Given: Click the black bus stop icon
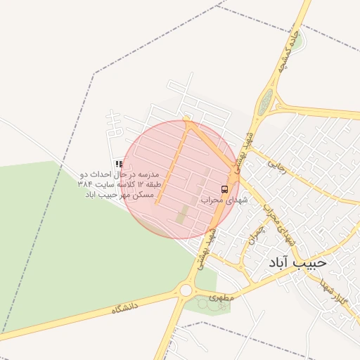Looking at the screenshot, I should tap(224, 189).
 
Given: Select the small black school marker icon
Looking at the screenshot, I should tap(119, 164).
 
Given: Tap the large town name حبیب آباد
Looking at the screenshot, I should tap(297, 262).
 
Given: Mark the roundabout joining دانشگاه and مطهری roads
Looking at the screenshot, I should tap(186, 290).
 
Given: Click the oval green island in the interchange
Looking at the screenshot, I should tap(265, 103).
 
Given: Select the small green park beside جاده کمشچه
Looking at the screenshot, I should tap(299, 40).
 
